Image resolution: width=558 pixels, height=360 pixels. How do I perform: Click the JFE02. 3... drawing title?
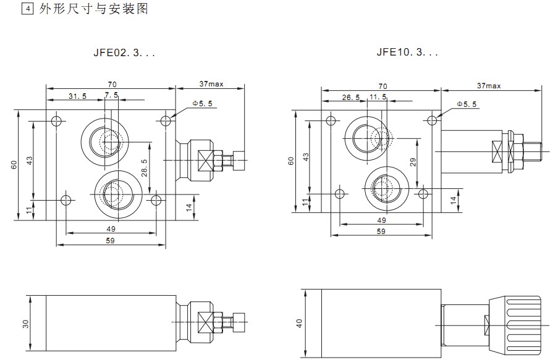click(124, 53)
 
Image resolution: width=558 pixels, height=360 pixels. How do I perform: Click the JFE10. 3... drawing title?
click(407, 53)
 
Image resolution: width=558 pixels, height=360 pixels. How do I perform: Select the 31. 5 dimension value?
click(77, 96)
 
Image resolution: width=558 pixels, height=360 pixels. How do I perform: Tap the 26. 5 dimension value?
click(350, 98)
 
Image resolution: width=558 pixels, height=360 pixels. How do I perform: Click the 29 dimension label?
click(413, 162)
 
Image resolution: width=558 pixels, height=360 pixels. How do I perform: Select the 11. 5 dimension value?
click(378, 98)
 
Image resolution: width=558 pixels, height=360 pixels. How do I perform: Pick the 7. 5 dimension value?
click(111, 95)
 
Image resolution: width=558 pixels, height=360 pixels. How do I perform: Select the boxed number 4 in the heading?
click(26, 9)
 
